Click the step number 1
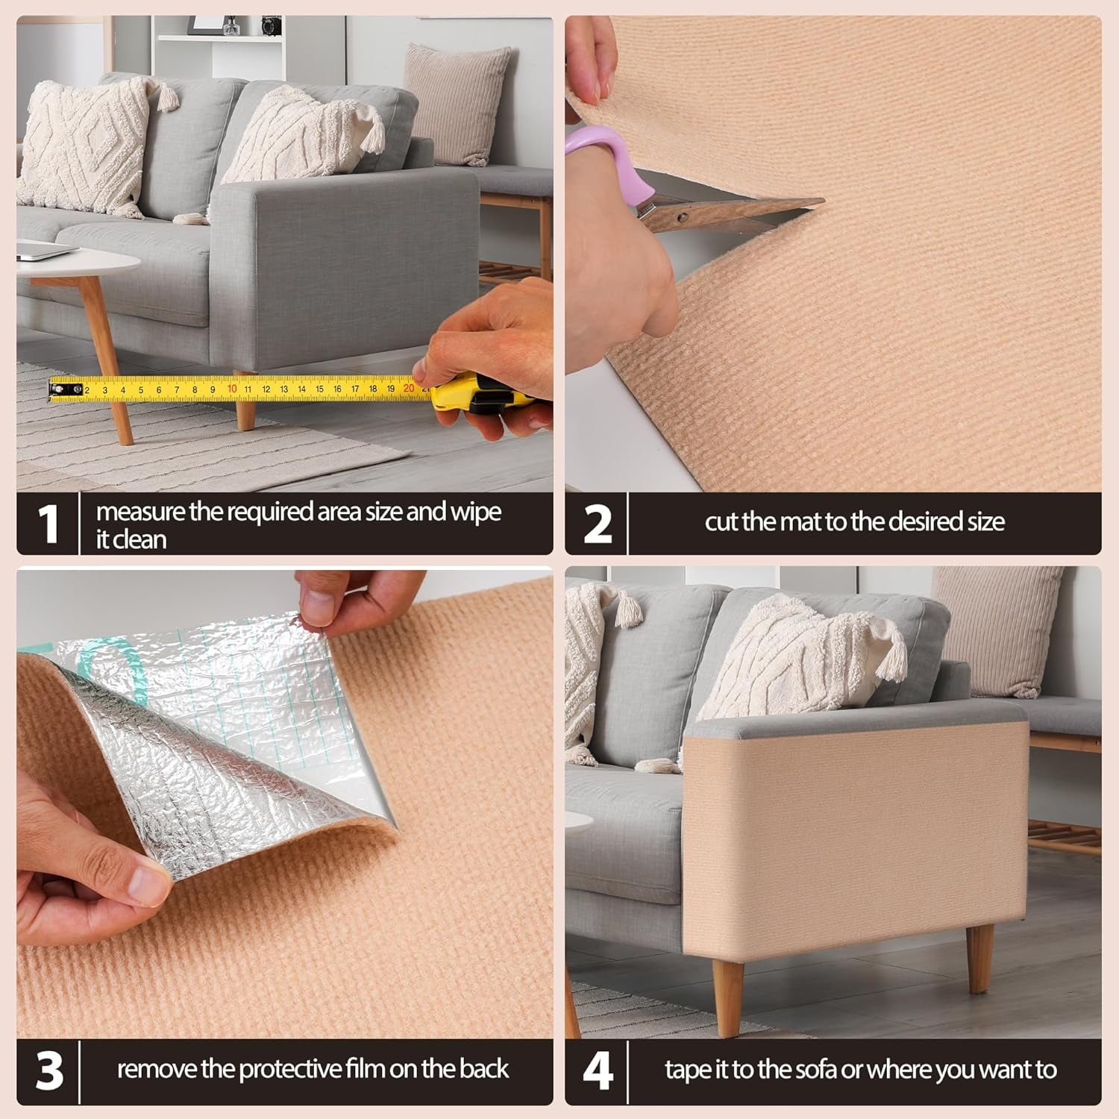point(48,524)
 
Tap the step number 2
point(598,524)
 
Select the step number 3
point(49,1071)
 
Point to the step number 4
point(598,1071)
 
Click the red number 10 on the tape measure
point(232,389)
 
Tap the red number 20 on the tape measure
point(409,388)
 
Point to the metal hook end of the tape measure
point(66,389)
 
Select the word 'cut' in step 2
point(721,521)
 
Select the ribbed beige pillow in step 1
point(457,104)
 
